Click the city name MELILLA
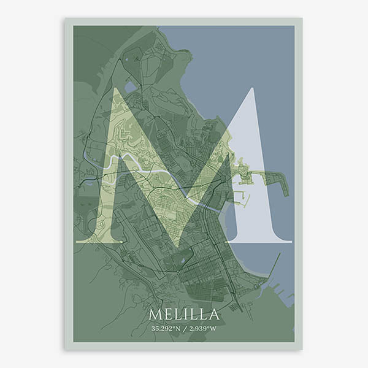(x=184, y=315)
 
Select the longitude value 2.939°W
(x=203, y=329)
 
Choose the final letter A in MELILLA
(x=214, y=315)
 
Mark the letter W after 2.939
(x=213, y=329)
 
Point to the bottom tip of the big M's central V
(x=178, y=246)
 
